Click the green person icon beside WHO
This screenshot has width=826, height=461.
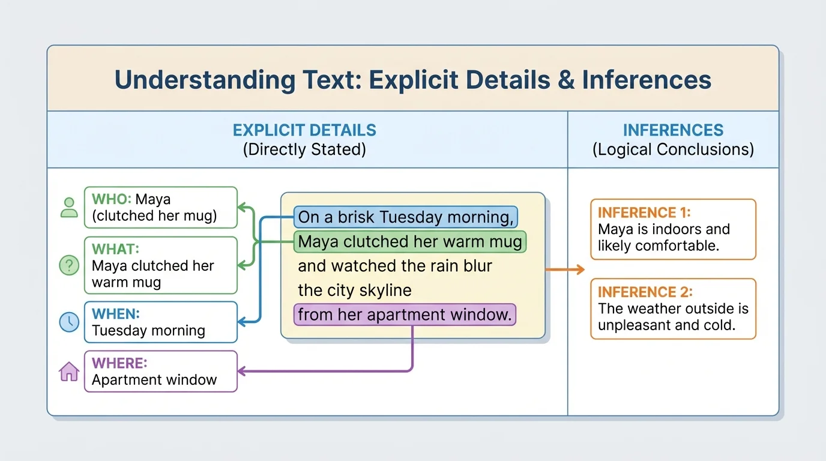69,208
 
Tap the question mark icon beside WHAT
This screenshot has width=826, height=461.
69,265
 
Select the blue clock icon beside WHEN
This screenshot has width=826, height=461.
69,322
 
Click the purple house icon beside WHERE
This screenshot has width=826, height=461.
69,372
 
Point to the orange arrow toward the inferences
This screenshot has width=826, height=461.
565,270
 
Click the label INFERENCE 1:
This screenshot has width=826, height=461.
644,212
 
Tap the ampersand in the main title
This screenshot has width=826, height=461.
565,79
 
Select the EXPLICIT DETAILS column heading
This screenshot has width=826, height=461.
304,130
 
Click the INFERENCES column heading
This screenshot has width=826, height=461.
673,130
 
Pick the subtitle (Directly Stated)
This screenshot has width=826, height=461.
304,149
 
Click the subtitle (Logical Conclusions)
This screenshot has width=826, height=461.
673,149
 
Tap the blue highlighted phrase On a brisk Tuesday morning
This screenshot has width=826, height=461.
406,217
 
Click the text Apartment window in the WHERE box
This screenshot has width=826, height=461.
154,380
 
